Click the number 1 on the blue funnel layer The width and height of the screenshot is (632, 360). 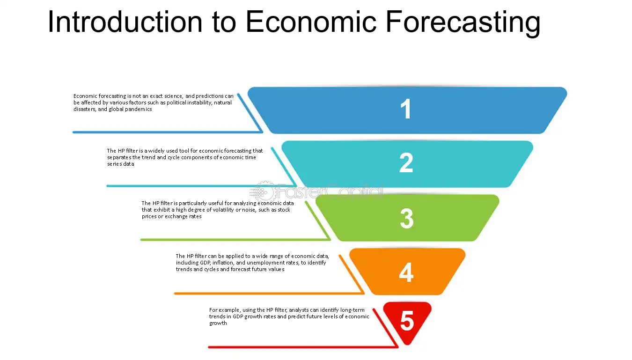coord(406,109)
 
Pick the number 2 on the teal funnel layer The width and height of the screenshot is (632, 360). coord(406,163)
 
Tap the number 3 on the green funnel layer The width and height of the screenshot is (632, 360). coord(406,218)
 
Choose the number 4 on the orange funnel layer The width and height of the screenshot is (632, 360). coord(406,272)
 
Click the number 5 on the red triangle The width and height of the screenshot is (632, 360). coord(407,321)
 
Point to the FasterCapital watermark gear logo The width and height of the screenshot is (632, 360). coord(262,192)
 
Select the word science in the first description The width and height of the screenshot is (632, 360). coord(174,96)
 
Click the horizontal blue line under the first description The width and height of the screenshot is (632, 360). coord(168,132)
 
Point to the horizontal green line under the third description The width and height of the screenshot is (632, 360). coord(235,240)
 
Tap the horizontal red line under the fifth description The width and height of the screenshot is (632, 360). coord(303,347)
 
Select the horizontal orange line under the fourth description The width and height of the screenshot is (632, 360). coord(269,294)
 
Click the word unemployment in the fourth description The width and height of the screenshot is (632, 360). coord(267,263)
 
